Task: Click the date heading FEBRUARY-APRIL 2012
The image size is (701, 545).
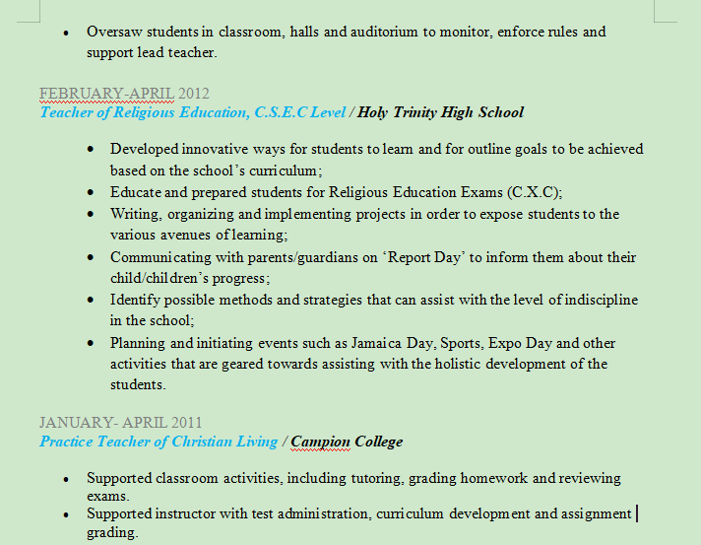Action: pyautogui.click(x=124, y=94)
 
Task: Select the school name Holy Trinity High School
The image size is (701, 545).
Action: pyautogui.click(x=441, y=112)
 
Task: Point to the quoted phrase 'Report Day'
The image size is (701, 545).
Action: pyautogui.click(x=419, y=257)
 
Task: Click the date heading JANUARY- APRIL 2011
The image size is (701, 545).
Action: pyautogui.click(x=121, y=423)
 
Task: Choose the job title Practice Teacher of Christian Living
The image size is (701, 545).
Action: pyautogui.click(x=159, y=442)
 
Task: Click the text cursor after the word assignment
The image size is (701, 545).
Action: pyautogui.click(x=637, y=513)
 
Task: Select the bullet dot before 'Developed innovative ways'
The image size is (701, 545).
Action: pyautogui.click(x=91, y=149)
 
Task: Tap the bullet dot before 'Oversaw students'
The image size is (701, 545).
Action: pyautogui.click(x=66, y=32)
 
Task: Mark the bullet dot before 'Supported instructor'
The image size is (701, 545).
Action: pyautogui.click(x=66, y=513)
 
